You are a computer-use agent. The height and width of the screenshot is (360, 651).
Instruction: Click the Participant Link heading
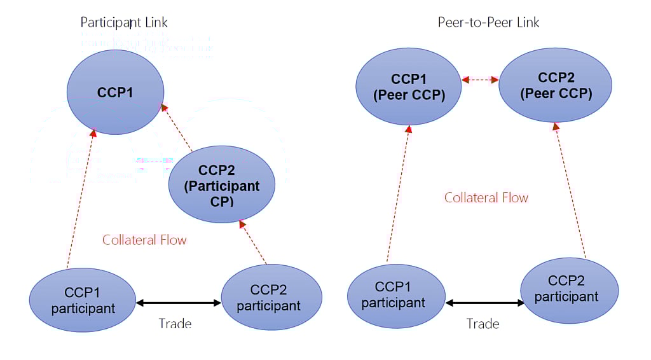[124, 23]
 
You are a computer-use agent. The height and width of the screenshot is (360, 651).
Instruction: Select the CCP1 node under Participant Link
[115, 92]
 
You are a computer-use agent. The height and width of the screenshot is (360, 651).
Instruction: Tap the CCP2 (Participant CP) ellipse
[221, 184]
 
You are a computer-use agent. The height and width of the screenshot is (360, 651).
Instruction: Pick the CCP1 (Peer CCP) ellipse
[408, 87]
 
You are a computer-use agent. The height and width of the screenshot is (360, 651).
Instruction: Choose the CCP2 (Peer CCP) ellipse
[556, 85]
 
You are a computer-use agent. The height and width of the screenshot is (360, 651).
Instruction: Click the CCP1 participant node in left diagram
[83, 300]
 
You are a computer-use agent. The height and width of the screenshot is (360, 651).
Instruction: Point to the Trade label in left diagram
[175, 324]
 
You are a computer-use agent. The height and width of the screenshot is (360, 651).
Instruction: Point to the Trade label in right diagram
[483, 324]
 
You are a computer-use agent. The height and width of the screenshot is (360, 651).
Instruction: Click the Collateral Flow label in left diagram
[144, 240]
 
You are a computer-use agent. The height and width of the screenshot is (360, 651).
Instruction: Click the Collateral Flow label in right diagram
[486, 197]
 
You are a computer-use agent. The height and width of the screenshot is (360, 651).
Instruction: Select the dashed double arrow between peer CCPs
[480, 80]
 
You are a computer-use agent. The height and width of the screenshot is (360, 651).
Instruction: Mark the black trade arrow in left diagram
[178, 303]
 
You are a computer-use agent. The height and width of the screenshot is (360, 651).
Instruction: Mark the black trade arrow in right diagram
[485, 303]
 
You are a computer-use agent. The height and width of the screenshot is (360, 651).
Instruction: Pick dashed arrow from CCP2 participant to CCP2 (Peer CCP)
[570, 191]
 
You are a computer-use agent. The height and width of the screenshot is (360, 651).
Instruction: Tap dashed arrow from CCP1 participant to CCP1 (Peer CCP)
[398, 193]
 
